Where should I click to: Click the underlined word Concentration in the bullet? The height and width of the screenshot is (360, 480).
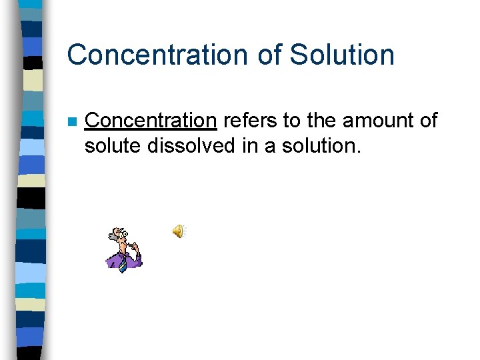point(151,121)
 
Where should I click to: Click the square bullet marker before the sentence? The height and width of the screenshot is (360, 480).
point(71,122)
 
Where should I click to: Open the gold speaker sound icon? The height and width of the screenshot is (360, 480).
point(179,231)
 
